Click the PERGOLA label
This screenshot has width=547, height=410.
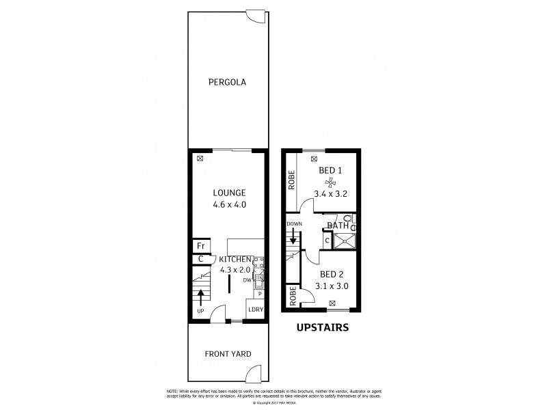click(227, 83)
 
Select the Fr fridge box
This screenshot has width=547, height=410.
click(201, 246)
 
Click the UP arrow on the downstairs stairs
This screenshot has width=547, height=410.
click(201, 297)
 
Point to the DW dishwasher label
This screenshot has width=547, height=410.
click(247, 279)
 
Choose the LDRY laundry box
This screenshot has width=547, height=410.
click(256, 310)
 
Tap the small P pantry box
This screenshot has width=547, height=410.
click(260, 294)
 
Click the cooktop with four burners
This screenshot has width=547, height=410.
click(259, 262)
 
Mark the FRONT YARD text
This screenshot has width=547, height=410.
click(228, 354)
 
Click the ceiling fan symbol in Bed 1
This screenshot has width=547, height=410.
click(330, 182)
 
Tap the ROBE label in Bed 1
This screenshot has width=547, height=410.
click(291, 184)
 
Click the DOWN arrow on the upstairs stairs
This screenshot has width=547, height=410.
click(293, 236)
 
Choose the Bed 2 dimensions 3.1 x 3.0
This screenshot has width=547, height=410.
click(332, 286)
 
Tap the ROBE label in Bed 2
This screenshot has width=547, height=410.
click(293, 295)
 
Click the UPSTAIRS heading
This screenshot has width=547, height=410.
click(322, 327)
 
